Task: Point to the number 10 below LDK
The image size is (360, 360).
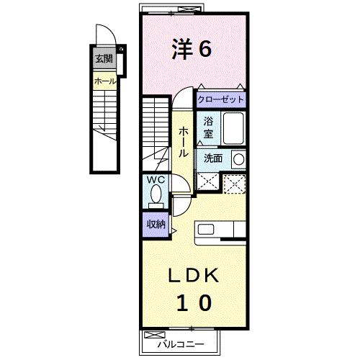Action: pos(192,302)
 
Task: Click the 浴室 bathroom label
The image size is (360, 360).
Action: pos(208,127)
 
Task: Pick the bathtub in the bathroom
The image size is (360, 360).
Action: pos(233,130)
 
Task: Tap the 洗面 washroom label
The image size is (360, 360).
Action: pos(212,158)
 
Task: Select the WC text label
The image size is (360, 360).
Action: pos(156,180)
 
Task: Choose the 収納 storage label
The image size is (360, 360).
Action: pos(157,224)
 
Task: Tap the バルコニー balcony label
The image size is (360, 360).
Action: pos(176,343)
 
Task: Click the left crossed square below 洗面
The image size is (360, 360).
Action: pos(207,182)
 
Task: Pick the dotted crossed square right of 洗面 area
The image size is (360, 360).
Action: pos(235,183)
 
